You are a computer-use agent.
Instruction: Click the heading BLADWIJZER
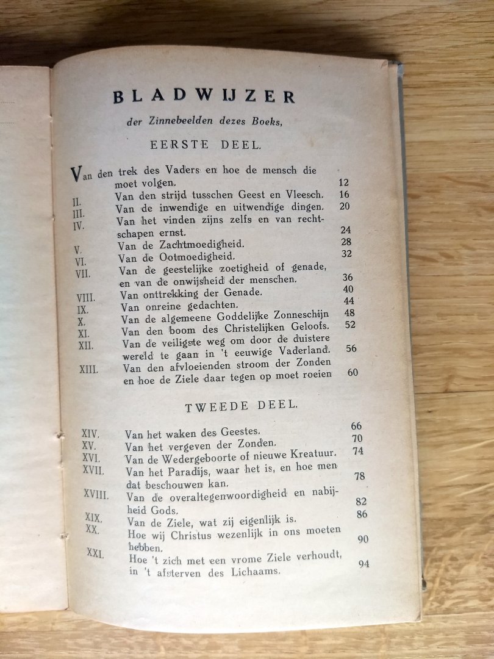coord(204,96)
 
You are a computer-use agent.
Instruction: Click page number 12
coord(343,182)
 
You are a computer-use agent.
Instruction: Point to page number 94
coord(363,564)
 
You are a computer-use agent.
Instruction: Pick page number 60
coord(353,372)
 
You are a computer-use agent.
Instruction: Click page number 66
coord(356,427)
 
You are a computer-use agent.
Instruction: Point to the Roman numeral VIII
coord(86,298)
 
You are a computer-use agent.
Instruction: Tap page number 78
coord(359,476)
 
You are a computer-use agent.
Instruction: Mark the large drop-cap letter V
coord(76,174)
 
